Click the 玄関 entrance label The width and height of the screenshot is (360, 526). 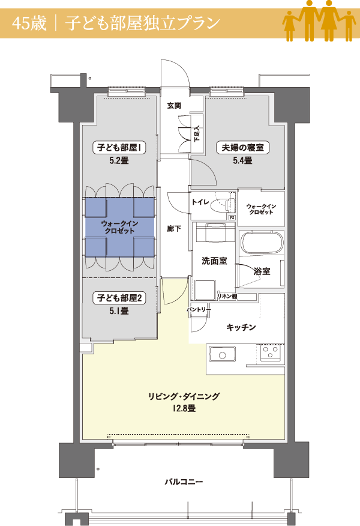(x=174, y=106)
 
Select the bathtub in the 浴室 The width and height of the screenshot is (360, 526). (x=262, y=242)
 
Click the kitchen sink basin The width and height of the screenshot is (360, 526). (x=222, y=355)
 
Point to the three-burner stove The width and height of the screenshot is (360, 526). (x=271, y=353)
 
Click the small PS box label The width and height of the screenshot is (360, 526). (x=232, y=218)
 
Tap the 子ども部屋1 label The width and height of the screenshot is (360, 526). (x=119, y=147)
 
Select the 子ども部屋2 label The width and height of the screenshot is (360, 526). (x=119, y=298)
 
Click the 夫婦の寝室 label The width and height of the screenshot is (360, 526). (x=242, y=147)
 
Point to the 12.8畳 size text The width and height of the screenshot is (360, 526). (x=184, y=408)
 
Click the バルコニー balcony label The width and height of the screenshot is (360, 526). (x=184, y=482)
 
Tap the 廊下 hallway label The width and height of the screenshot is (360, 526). (x=174, y=229)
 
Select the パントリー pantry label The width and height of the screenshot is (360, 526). (x=199, y=309)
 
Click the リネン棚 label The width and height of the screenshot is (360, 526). (x=227, y=296)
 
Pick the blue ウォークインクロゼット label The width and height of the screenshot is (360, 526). (x=119, y=227)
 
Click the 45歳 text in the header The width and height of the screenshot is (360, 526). (x=29, y=23)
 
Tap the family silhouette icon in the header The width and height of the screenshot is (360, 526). (x=319, y=21)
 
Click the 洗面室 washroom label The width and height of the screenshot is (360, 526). (x=214, y=261)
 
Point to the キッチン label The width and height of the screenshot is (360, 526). (x=241, y=327)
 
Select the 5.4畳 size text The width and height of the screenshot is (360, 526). (x=242, y=161)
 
